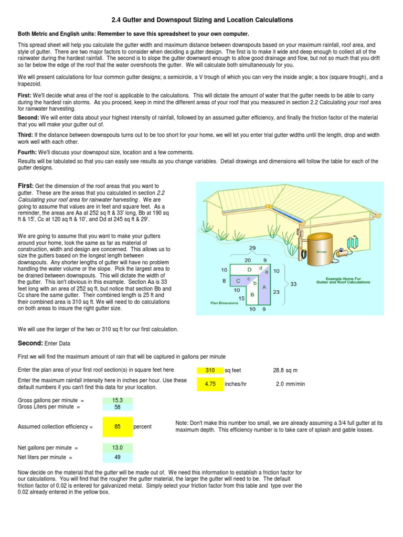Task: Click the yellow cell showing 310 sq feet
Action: [210, 370]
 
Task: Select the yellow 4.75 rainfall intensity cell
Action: [210, 383]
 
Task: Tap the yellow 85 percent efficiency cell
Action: [118, 426]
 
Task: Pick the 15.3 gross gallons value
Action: [118, 400]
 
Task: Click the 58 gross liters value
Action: [118, 406]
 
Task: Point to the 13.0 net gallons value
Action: [118, 448]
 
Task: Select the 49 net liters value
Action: [118, 457]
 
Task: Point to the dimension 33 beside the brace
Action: [293, 284]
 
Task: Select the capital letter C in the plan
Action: [238, 281]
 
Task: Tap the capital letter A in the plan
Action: [264, 287]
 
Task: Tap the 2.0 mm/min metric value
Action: [291, 383]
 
